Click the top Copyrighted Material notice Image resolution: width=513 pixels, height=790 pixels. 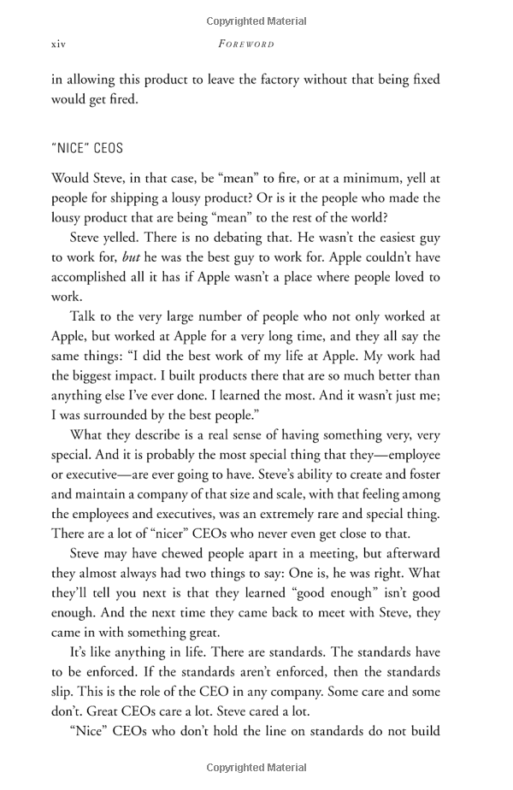[x=256, y=21]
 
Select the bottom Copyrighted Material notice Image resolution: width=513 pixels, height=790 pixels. [x=256, y=766]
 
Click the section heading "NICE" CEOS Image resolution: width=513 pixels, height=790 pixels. [x=87, y=148]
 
